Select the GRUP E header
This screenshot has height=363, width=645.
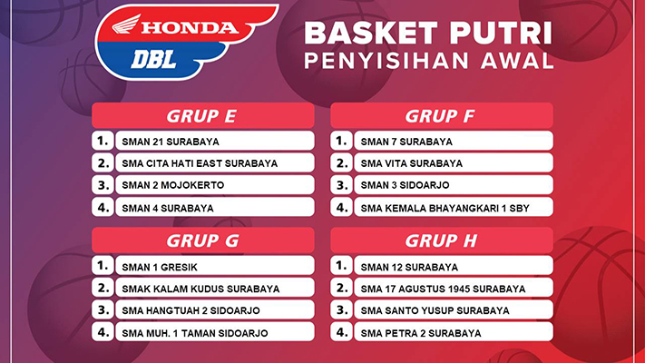[203, 115]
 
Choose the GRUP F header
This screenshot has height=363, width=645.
[442, 115]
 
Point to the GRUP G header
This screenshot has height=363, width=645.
[203, 240]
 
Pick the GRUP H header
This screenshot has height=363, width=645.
[442, 240]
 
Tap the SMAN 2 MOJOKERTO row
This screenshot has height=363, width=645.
[215, 185]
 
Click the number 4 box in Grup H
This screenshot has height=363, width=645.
[341, 332]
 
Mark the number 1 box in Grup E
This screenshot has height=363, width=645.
[103, 141]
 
